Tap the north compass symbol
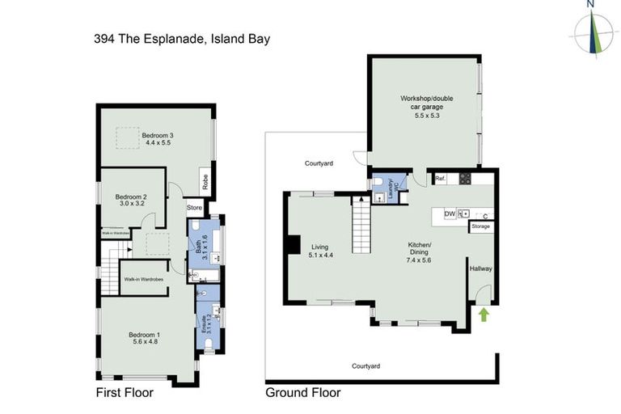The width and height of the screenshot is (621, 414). (x=593, y=32)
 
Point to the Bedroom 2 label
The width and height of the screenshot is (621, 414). (x=130, y=201)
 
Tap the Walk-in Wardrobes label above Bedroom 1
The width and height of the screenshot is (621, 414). (x=143, y=279)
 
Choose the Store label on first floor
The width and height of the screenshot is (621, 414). (x=194, y=208)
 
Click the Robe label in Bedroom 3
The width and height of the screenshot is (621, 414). (x=205, y=183)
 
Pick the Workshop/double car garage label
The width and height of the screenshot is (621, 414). (x=426, y=107)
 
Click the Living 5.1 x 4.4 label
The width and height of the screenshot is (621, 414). (x=321, y=251)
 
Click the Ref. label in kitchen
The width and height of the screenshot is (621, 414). (x=440, y=178)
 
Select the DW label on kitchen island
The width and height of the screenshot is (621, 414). (x=450, y=213)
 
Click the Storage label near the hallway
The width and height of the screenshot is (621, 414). (x=481, y=226)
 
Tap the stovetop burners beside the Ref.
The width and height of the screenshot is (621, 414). (x=466, y=178)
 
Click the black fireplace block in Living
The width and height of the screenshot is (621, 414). (x=294, y=243)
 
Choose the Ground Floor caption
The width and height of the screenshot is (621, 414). (x=303, y=393)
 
